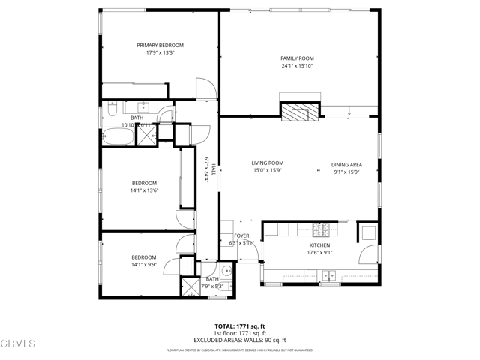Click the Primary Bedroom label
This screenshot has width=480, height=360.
click(160, 45)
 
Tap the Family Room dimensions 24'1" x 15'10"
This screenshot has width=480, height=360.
click(297, 66)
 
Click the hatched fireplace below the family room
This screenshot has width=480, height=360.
click(301, 112)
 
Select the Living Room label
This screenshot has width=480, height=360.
click(267, 163)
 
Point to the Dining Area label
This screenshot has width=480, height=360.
click(347, 164)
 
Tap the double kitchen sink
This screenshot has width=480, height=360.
click(329, 276)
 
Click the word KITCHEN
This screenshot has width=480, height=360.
click(320, 245)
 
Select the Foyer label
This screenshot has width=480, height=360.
click(241, 236)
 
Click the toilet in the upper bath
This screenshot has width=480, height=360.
click(109, 110)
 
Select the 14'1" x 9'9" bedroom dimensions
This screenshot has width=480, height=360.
click(144, 264)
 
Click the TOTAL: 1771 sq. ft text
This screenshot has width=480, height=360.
click(240, 326)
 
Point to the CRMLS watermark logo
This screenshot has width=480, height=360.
click(18, 344)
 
